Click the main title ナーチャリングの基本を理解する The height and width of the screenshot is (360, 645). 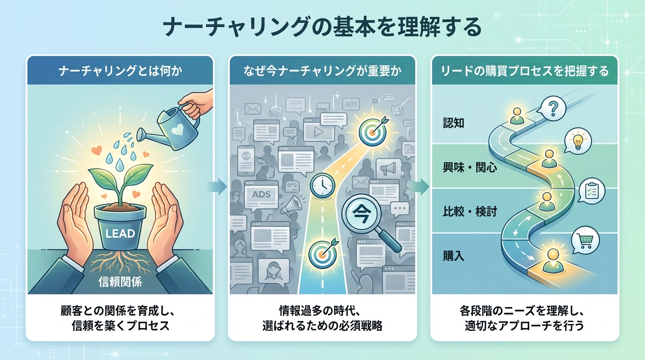click(322, 28)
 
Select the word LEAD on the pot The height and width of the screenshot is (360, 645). click(121, 233)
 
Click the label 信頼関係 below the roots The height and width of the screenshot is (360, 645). click(120, 282)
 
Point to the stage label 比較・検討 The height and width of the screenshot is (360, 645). click(470, 212)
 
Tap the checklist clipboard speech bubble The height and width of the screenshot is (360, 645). click(591, 190)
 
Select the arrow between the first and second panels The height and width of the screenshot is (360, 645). click(218, 187)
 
